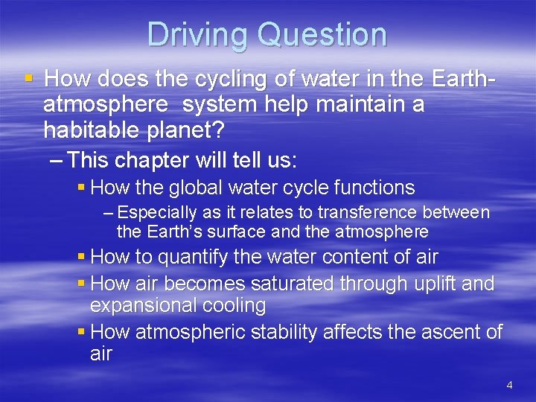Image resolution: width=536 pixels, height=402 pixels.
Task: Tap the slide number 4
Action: click(x=509, y=385)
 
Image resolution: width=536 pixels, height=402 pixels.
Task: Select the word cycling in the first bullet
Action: click(x=221, y=79)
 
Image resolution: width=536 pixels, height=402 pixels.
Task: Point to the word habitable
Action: click(x=92, y=130)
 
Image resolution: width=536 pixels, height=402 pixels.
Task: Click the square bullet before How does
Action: click(x=28, y=78)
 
